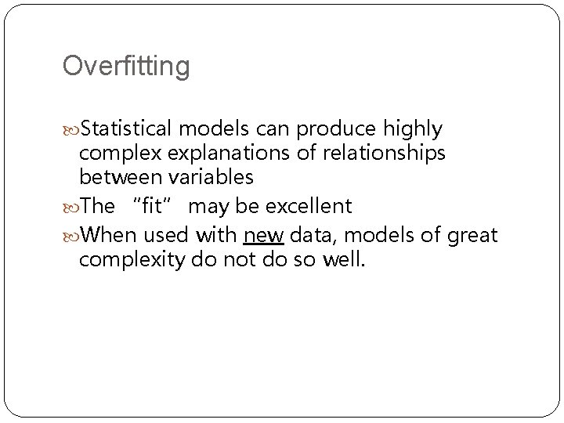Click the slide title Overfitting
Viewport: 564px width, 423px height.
(126, 67)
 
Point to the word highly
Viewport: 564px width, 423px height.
(414, 128)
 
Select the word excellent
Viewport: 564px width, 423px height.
(309, 207)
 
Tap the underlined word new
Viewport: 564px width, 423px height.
(263, 233)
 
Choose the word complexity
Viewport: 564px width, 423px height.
(132, 260)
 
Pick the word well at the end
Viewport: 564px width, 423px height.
(343, 259)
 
